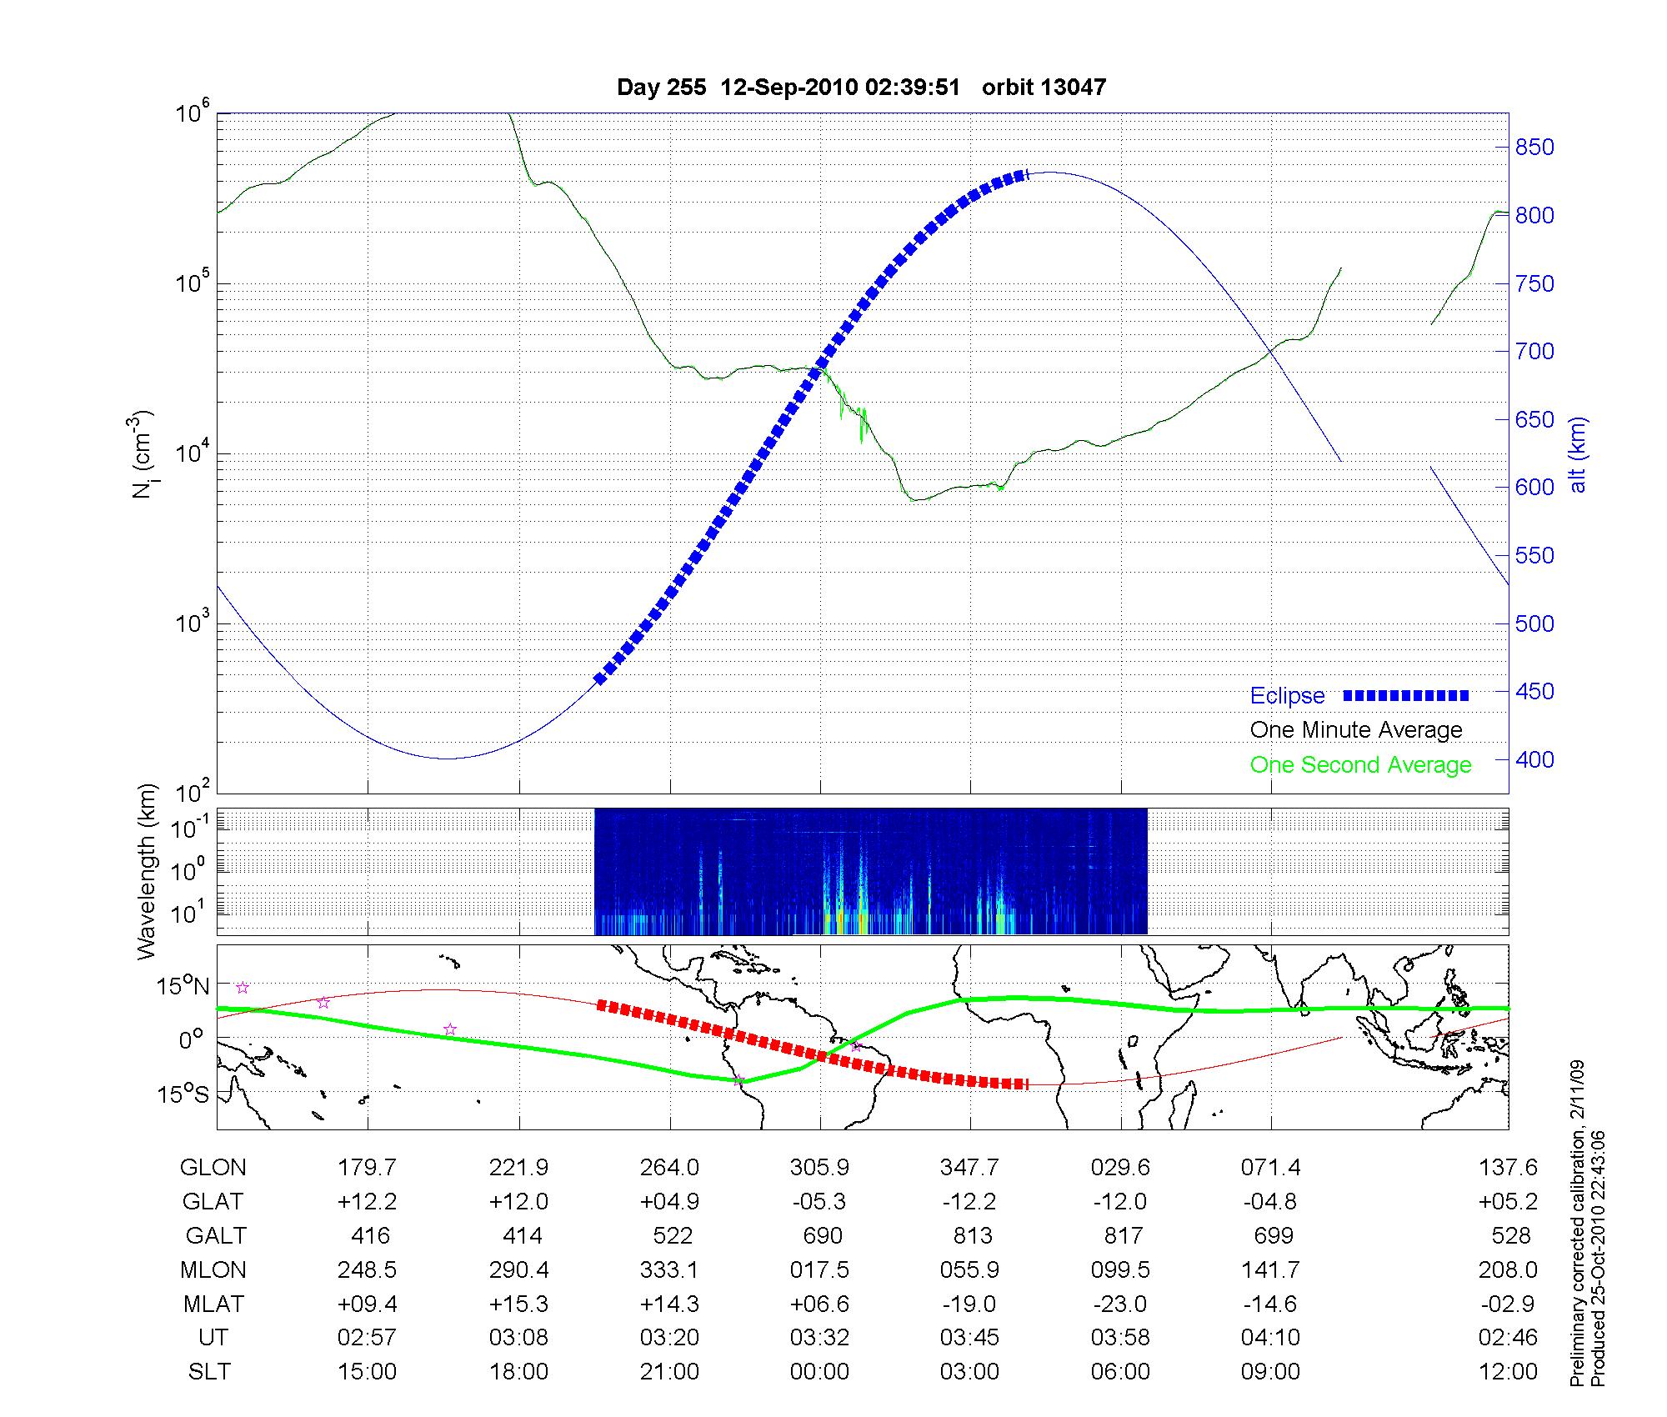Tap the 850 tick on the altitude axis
tap(1534, 148)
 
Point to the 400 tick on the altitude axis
tap(1534, 760)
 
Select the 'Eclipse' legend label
tap(1287, 696)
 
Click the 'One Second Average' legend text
tap(1360, 765)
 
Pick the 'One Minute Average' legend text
tap(1356, 730)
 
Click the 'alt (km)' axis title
tap(1578, 455)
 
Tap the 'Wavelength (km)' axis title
tap(147, 871)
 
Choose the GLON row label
tap(213, 1168)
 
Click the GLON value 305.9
tap(819, 1168)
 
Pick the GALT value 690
tap(822, 1235)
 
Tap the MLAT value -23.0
tap(1120, 1304)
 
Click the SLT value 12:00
tap(1507, 1372)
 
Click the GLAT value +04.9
tap(669, 1202)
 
